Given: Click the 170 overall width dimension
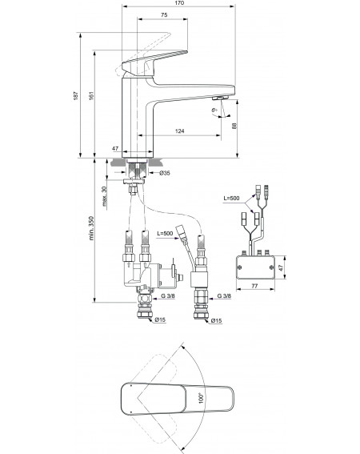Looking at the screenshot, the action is point(179,3).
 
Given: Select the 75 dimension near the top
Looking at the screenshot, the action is point(164,14).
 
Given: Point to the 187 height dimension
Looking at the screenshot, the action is point(76,95).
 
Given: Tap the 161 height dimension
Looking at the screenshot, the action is point(91,95).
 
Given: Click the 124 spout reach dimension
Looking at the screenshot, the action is point(180,131).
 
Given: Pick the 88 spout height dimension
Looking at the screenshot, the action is point(234,126).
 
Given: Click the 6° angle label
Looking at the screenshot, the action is point(214,110).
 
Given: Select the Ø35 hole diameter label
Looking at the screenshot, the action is point(165,173).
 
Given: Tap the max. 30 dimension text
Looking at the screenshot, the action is point(105,196).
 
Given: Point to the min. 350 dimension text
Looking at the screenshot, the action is point(91,228).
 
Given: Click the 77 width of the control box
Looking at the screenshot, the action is point(254,286).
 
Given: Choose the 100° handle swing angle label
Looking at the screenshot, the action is point(202,398).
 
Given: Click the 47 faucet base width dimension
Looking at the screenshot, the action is point(115,149).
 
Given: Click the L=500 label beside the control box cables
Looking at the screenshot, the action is point(231,199).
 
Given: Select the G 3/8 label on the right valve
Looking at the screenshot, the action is point(224,295).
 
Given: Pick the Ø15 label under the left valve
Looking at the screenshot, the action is point(160,319).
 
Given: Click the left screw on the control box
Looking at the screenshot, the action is point(240,267).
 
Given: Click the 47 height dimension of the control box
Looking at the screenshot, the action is point(280,267).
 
